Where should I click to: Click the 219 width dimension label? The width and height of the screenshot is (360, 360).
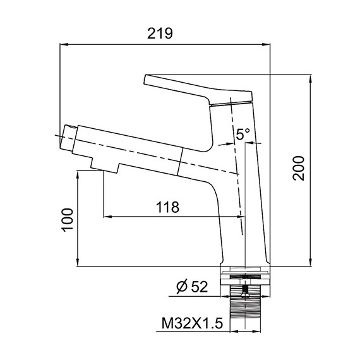160,33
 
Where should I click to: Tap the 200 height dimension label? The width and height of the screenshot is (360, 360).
299,168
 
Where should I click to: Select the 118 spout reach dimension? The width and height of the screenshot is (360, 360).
167,207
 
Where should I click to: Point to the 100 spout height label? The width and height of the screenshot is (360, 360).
68,220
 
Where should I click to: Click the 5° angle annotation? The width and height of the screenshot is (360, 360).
243,134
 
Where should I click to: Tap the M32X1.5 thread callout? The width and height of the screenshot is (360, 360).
192,323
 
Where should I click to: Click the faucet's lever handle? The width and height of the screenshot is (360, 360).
198,89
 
